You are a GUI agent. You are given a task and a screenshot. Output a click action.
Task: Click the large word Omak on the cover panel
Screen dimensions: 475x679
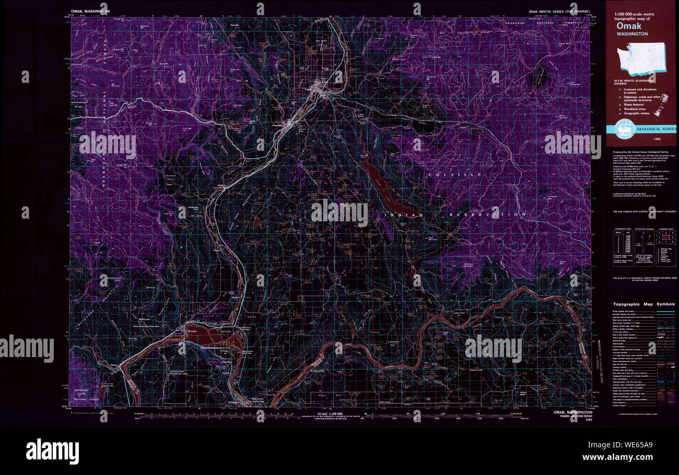click(630, 26)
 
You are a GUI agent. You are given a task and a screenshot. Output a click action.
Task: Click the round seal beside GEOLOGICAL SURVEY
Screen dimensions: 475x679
click(625, 129)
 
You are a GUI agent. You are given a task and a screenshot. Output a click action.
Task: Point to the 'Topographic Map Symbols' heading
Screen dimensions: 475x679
click(643, 304)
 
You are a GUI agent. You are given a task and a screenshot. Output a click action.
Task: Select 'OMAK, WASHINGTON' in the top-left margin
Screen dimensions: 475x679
click(90, 11)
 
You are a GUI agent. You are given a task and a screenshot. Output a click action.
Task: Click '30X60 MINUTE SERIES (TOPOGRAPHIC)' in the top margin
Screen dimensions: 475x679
click(559, 11)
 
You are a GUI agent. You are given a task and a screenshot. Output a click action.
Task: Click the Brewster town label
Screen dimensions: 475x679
click(192, 330)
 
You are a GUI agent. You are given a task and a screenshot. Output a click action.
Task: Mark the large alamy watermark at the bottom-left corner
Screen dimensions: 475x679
click(52, 452)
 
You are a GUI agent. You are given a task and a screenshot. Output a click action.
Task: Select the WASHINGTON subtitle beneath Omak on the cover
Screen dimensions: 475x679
click(632, 34)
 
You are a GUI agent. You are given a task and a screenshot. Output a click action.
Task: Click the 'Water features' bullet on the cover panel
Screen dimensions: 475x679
click(636, 103)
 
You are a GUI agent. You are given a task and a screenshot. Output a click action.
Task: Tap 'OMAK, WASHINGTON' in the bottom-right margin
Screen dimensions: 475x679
click(573, 412)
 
